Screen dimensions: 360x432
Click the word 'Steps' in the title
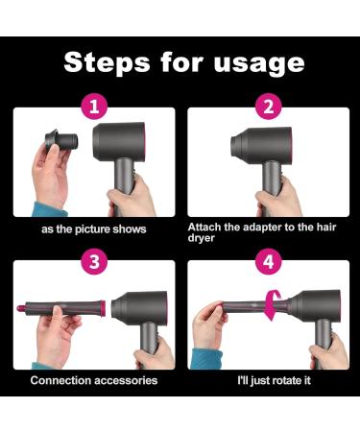[107, 62]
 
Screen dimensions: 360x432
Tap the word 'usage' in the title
[259, 64]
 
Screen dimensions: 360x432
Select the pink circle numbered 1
[94, 107]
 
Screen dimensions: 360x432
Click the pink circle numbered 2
[269, 107]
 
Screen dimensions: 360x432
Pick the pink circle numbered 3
[94, 261]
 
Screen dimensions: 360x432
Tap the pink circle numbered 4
[269, 261]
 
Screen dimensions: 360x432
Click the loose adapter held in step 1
[61, 139]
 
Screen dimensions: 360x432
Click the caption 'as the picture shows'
[94, 229]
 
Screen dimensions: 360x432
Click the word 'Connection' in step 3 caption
[60, 380]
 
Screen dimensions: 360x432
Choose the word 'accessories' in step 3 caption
[126, 380]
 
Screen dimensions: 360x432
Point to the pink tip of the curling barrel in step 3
[21, 308]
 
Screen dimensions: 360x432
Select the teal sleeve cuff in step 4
[207, 359]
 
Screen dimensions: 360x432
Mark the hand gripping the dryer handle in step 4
[328, 352]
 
